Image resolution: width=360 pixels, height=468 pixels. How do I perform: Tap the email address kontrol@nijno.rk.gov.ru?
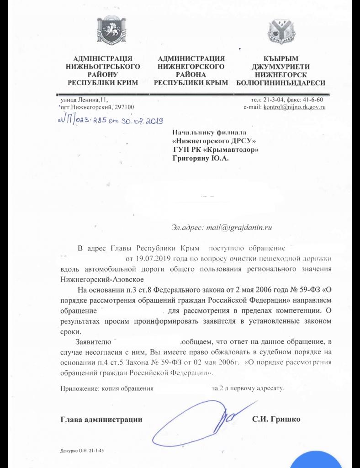pos(293,107)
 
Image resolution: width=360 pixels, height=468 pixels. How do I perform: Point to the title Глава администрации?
pos(101,419)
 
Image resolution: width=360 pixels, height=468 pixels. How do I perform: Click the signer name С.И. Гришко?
pos(276,419)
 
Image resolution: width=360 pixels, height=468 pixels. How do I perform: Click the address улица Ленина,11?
pos(83,99)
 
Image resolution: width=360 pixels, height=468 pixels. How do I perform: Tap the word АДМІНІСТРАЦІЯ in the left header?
pos(102,58)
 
